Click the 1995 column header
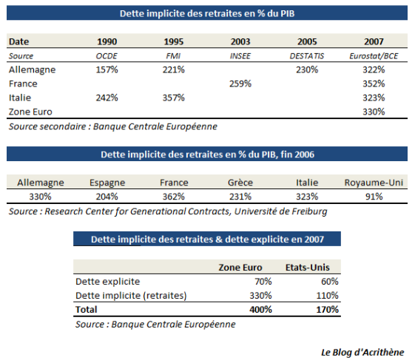tap(174, 41)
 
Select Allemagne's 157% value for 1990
tap(107, 69)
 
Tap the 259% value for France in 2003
tap(240, 84)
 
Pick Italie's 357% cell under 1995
tap(174, 98)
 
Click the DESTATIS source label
tap(307, 56)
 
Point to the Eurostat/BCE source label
tap(374, 56)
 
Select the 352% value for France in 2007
tap(374, 84)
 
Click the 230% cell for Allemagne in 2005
tap(307, 69)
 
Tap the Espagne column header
tap(107, 183)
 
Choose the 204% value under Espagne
tap(107, 197)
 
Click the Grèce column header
tap(240, 183)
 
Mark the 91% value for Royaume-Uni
tap(374, 197)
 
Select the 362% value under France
tap(174, 197)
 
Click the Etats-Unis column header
tap(308, 268)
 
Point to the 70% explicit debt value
tap(263, 282)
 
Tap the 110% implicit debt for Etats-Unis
tap(328, 296)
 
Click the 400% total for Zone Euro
tap(260, 310)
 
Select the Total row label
tap(87, 310)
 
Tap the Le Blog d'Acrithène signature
tap(362, 353)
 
